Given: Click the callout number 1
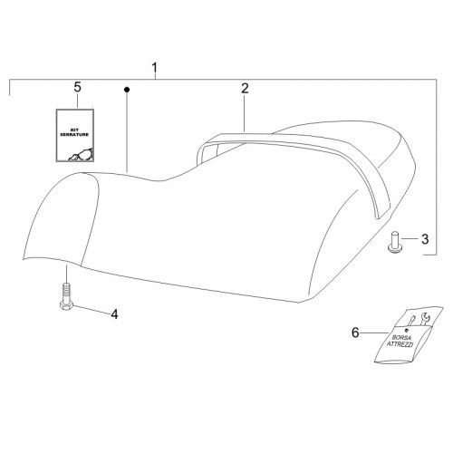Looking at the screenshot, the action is [155, 68].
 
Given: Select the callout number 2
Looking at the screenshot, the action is [245, 88].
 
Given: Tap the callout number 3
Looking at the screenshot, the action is [425, 239].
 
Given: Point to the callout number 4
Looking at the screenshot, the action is [114, 314].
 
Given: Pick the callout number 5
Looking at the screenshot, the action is [78, 87].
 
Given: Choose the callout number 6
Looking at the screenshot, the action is [355, 333].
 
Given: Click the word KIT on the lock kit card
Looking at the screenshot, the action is [74, 129].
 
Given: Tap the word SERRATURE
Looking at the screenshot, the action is [74, 134].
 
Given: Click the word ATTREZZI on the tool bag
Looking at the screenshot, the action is [400, 344].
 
